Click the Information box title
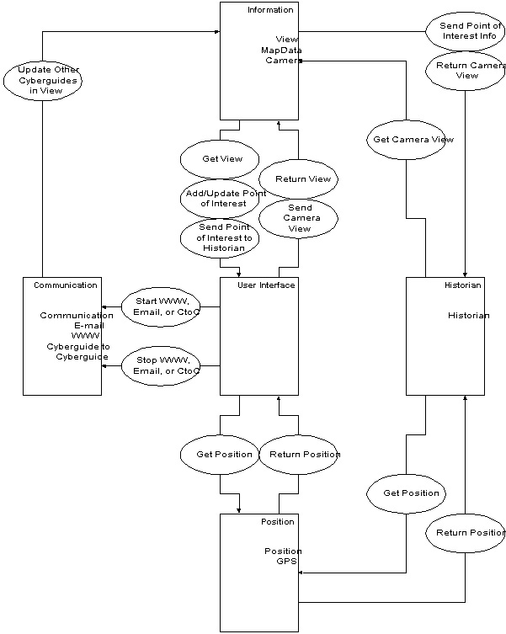270,10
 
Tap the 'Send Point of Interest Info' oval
466,31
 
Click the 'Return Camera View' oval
466,70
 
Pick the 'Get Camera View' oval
406,139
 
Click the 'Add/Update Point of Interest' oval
219,198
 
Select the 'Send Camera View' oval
298,217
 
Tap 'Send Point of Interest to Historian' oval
219,237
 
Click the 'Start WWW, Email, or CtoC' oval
160,306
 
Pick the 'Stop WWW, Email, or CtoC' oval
160,365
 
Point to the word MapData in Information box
280,50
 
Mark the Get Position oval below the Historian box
406,493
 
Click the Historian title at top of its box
462,285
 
